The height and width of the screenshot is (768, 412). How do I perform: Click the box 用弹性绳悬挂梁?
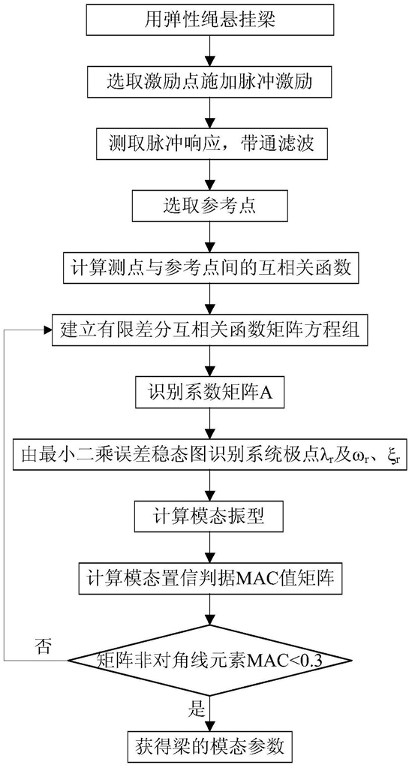pos(210,19)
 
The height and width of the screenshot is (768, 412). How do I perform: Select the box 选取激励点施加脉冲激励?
pos(210,81)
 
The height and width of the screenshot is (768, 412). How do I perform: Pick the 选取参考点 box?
pos(210,206)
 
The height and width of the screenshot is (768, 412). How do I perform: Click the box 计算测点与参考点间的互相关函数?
pos(210,269)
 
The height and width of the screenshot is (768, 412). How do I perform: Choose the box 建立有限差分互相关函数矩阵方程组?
pos(210,330)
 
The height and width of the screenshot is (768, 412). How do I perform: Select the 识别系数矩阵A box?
pos(210,393)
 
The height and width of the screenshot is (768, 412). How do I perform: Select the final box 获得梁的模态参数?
pos(210,747)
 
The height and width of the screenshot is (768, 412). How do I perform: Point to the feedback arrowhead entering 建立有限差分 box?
pos(47,330)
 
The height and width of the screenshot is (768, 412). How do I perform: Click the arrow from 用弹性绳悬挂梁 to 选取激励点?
pos(210,50)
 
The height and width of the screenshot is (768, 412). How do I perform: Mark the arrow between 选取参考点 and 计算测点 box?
pos(210,237)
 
